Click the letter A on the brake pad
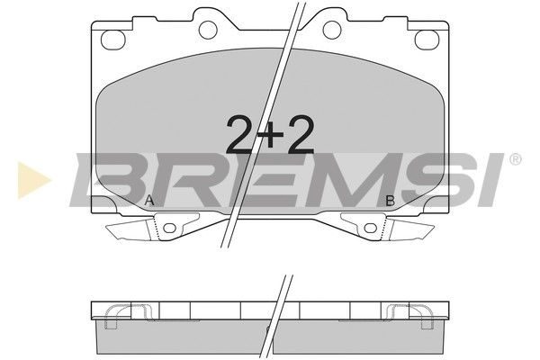(x=149, y=201)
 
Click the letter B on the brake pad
(x=390, y=201)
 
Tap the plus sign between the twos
(x=270, y=135)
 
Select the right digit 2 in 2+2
(x=301, y=134)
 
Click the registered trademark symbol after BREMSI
(x=515, y=159)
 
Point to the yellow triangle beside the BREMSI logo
(x=32, y=180)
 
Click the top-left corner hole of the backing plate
(x=112, y=40)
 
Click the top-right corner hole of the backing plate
(x=427, y=40)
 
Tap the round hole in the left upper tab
(x=208, y=30)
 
